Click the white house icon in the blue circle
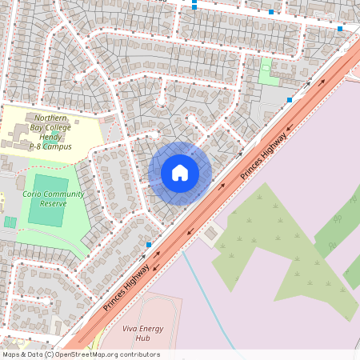(x=180, y=172)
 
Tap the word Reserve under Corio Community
(x=52, y=204)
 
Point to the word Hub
(x=144, y=338)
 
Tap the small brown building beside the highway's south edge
(x=211, y=234)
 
